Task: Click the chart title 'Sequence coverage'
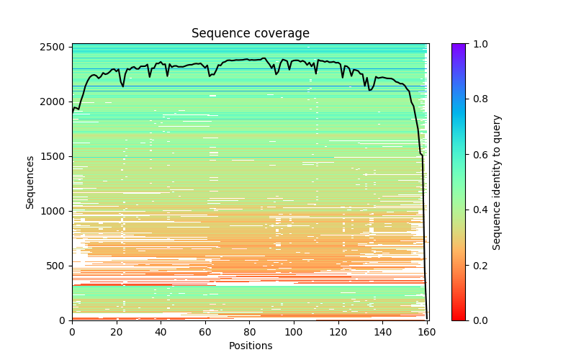(x=250, y=33)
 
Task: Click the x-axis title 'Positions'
(x=250, y=346)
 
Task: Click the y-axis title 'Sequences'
(x=30, y=182)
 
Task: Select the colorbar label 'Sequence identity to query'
(x=497, y=182)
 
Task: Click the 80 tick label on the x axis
(x=250, y=332)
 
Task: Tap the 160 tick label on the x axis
(x=428, y=332)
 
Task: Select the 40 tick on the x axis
(x=161, y=332)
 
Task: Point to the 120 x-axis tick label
(x=338, y=332)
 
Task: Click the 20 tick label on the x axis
(x=117, y=332)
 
